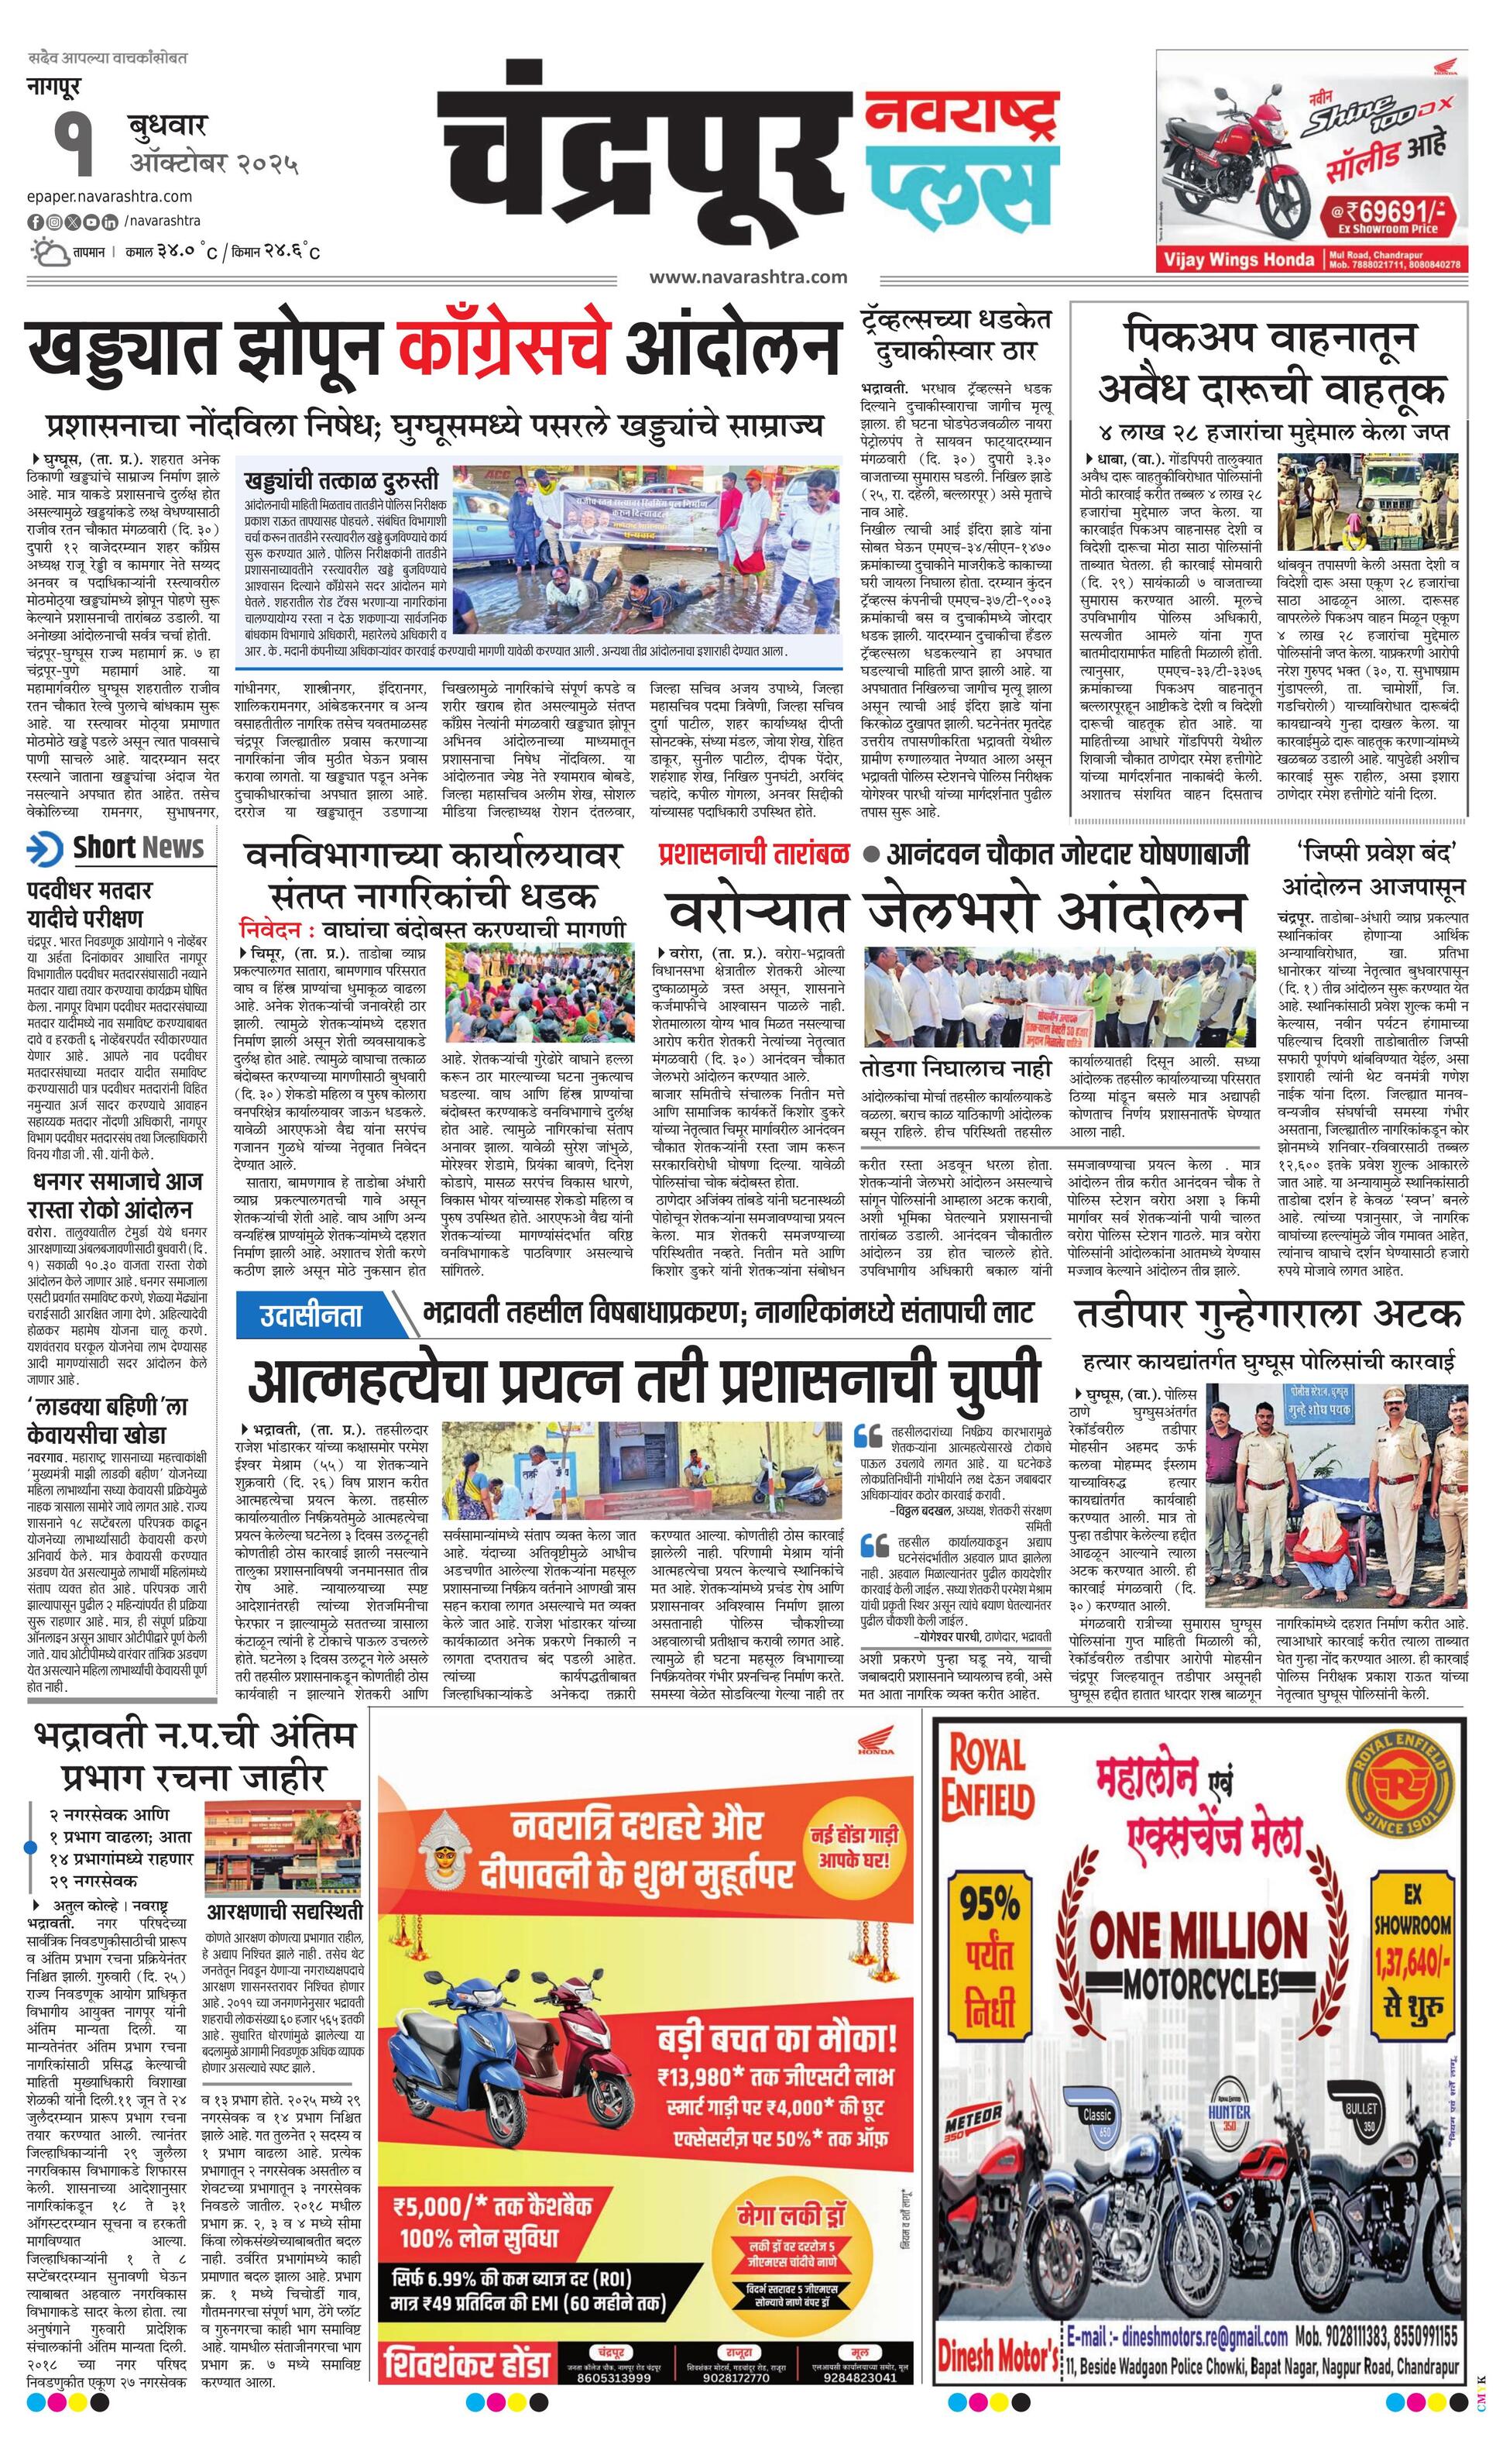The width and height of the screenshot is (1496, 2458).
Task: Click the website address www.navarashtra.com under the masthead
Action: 748,277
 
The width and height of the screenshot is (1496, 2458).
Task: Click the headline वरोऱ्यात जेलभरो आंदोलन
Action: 956,909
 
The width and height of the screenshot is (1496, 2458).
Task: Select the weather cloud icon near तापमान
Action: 49,249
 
